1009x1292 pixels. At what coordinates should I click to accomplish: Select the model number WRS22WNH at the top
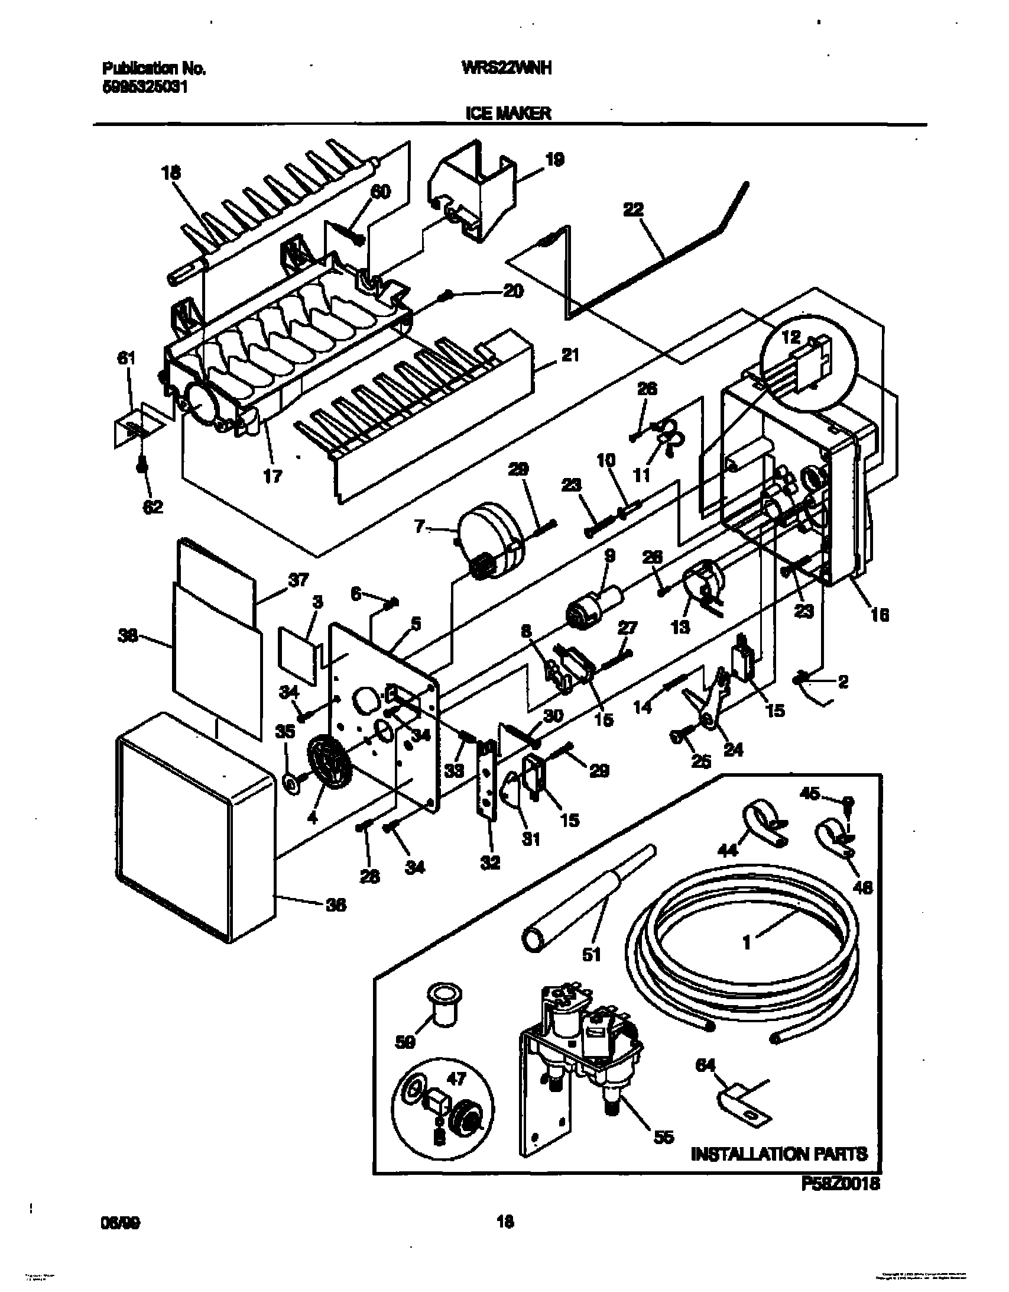pos(507,69)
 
